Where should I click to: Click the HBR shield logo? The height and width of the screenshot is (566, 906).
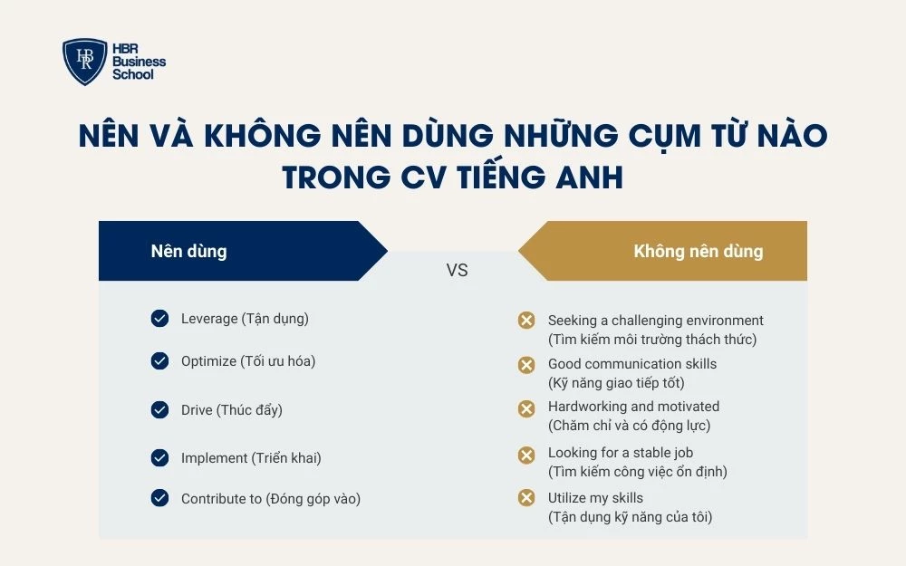click(84, 62)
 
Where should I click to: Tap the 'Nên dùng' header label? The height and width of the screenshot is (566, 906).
click(188, 251)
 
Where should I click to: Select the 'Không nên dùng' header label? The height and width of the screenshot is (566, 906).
click(698, 251)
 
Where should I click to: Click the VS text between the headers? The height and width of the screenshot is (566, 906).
click(457, 270)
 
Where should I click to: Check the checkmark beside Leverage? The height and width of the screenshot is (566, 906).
click(159, 319)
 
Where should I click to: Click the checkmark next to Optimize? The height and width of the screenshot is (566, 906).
click(159, 361)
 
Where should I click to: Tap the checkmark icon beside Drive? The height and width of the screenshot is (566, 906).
click(159, 410)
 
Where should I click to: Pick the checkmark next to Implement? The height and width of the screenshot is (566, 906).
click(159, 458)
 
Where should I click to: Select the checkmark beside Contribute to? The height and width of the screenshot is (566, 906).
click(159, 498)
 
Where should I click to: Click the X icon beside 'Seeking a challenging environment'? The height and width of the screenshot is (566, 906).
click(525, 321)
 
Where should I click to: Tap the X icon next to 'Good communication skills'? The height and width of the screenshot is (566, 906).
click(525, 364)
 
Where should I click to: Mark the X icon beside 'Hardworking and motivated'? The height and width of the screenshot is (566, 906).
click(525, 408)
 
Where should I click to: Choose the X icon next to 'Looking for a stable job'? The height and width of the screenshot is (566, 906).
click(525, 454)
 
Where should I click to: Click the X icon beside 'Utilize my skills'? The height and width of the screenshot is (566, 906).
click(525, 498)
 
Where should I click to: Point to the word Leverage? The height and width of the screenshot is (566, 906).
click(208, 319)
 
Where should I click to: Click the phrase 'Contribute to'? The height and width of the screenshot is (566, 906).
click(221, 498)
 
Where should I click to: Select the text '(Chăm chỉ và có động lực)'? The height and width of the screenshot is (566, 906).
click(629, 426)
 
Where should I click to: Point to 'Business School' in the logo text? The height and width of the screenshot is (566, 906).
click(139, 68)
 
